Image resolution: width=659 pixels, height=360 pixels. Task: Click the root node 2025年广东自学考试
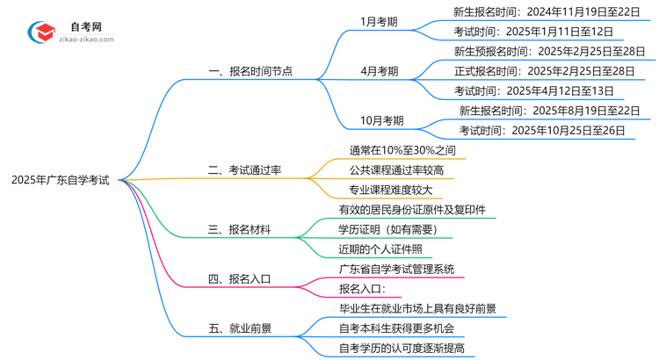[61, 180]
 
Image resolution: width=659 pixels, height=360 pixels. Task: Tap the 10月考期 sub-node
[381, 121]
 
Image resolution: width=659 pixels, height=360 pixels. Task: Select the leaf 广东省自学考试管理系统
[396, 269]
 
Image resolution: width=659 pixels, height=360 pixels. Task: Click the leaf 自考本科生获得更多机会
[396, 328]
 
